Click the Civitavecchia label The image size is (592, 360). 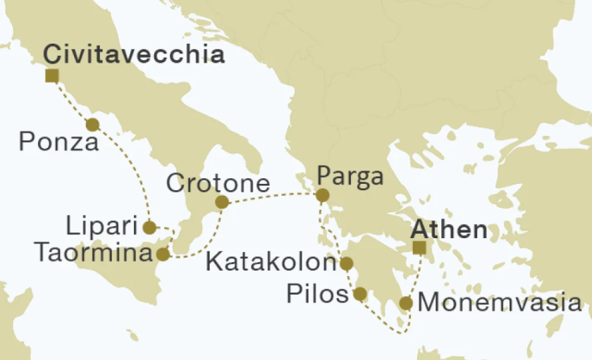[x=134, y=54]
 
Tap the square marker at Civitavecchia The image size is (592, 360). [x=51, y=75]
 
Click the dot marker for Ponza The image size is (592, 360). [x=92, y=125]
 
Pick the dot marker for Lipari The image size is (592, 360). [x=149, y=228]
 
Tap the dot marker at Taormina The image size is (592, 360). [x=163, y=254]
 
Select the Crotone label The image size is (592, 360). [x=218, y=184]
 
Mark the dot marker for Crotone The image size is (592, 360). [x=221, y=203]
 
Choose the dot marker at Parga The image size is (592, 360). [x=322, y=195]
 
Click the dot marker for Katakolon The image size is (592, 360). [x=346, y=264]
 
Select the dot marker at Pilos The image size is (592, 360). [x=359, y=294]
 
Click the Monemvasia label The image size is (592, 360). [x=500, y=304]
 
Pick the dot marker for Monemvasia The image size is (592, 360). [x=406, y=304]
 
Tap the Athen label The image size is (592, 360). [x=449, y=229]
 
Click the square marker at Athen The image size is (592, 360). [x=419, y=247]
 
